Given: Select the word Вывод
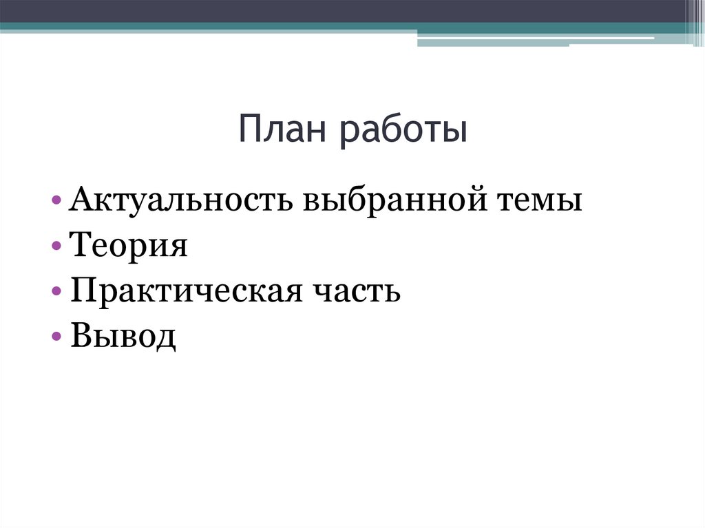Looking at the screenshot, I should [x=123, y=337].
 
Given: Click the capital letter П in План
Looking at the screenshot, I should [x=250, y=131].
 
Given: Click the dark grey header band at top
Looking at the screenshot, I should [x=344, y=10].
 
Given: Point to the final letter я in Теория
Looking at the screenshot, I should [x=179, y=248].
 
